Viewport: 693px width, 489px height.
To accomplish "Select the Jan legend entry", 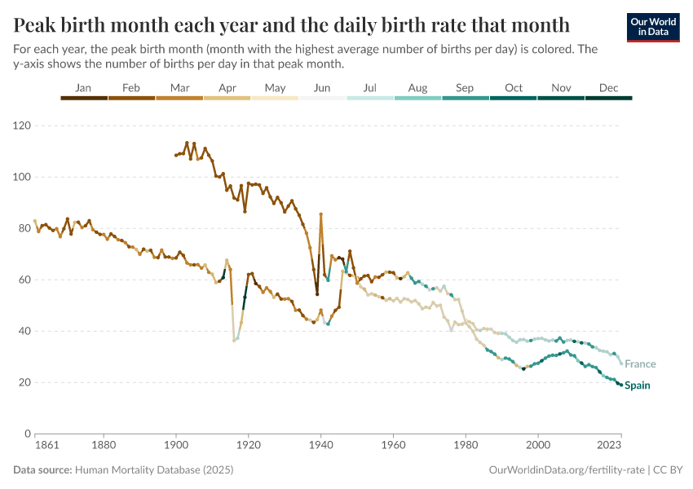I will (83, 88).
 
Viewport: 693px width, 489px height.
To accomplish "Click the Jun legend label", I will (322, 88).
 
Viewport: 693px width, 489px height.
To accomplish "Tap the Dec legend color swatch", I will (609, 98).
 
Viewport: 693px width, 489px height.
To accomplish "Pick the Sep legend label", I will (465, 88).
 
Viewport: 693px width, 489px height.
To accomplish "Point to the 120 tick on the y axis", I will (22, 126).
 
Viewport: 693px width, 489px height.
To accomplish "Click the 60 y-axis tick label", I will (24, 280).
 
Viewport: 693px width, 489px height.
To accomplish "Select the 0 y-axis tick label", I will (28, 434).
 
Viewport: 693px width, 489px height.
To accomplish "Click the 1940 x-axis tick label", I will (320, 446).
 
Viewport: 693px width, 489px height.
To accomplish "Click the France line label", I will (640, 364).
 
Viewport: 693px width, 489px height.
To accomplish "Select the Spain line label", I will (638, 385).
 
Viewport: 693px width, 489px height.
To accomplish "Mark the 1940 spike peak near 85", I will (321, 214).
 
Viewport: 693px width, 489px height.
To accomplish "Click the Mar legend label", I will (179, 88).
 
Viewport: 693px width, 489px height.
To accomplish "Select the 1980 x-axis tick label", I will (466, 446).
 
